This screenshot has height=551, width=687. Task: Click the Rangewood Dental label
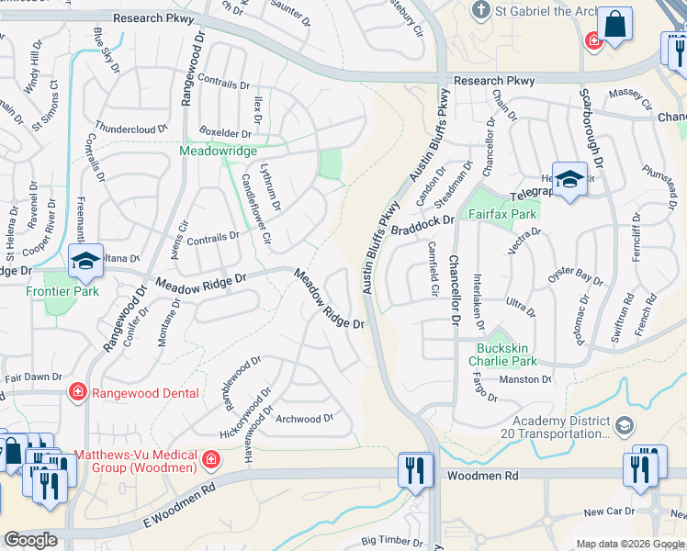click(x=147, y=393)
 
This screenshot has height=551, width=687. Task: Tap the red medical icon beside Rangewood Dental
click(x=79, y=393)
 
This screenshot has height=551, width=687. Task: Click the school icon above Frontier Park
click(x=85, y=262)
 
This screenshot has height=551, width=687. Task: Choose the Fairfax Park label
click(x=501, y=213)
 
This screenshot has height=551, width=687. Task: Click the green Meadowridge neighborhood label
click(x=218, y=150)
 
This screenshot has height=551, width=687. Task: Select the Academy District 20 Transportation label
click(x=560, y=428)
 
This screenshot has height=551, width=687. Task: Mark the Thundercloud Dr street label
click(x=131, y=129)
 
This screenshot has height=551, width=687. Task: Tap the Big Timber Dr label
click(x=391, y=543)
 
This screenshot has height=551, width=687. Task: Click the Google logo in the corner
click(x=31, y=540)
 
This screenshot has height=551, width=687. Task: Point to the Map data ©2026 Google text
click(x=629, y=544)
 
